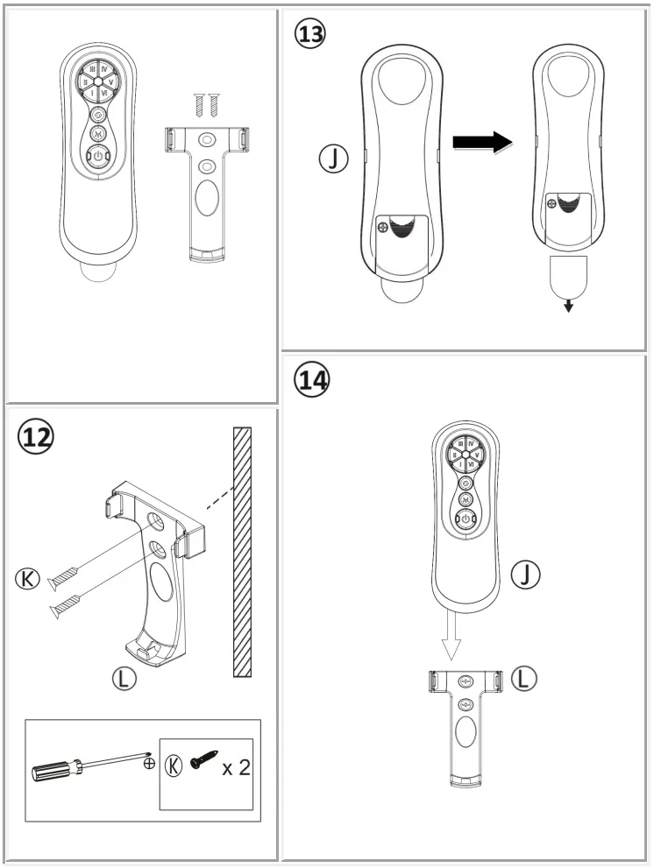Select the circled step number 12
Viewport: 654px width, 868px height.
click(x=36, y=435)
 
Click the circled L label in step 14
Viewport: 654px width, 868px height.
click(x=523, y=677)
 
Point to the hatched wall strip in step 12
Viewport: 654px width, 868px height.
click(x=242, y=552)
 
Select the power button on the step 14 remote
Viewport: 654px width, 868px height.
click(x=466, y=521)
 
